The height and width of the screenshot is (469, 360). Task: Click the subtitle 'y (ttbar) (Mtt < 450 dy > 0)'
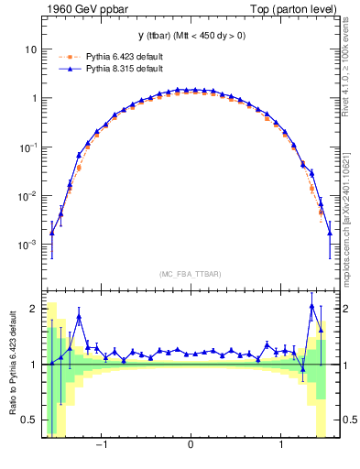pos(190,36)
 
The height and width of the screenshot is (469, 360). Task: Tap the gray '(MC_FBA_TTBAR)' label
pos(190,274)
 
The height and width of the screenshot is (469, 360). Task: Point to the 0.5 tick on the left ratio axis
pos(31,420)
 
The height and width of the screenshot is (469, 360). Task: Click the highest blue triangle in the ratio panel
pos(312,306)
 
